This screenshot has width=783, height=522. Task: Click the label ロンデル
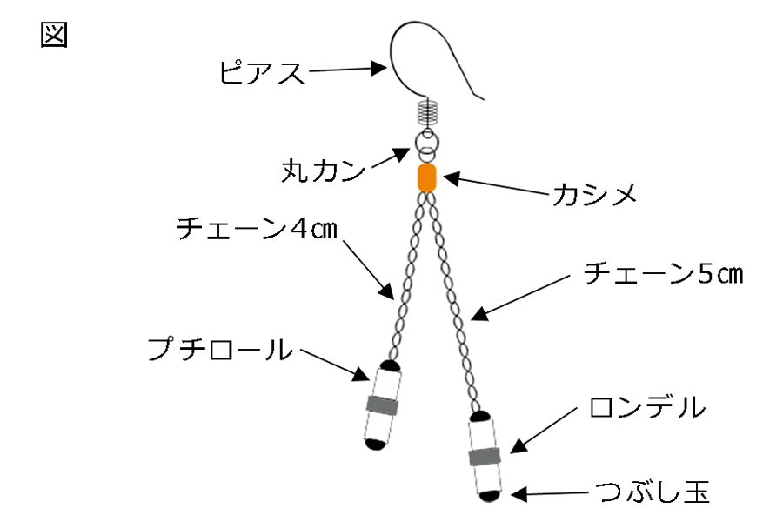(647, 408)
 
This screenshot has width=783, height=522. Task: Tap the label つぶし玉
(653, 493)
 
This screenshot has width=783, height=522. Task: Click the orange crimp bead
(426, 177)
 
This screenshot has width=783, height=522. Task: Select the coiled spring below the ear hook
(426, 112)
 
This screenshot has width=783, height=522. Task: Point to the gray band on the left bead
(382, 405)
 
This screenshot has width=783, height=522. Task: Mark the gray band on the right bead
(485, 457)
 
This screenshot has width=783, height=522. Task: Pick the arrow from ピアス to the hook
(348, 70)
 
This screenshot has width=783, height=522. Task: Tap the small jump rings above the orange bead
(426, 142)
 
